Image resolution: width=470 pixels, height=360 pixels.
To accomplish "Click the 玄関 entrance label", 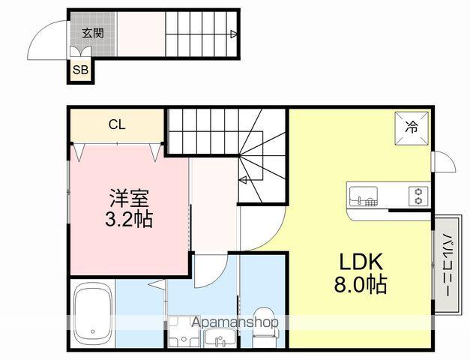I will pyautogui.click(x=93, y=33).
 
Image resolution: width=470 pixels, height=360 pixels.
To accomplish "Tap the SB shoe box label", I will pyautogui.click(x=79, y=70).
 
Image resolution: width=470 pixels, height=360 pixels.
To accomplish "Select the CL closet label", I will pyautogui.click(x=117, y=124).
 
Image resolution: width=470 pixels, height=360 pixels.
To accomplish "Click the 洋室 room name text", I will pyautogui.click(x=130, y=199).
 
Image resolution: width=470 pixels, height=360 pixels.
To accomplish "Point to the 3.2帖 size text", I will pyautogui.click(x=130, y=222).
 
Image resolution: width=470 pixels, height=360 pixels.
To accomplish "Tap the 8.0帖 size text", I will pyautogui.click(x=362, y=286).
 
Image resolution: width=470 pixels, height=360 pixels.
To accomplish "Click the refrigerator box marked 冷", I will pyautogui.click(x=412, y=127).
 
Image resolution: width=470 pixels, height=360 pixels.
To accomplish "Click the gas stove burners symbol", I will pyautogui.click(x=418, y=197).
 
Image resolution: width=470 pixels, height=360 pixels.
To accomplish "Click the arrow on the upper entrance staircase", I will pyautogui.click(x=234, y=34).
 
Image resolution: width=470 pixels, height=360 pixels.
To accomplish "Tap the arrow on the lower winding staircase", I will pyautogui.click(x=243, y=179).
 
